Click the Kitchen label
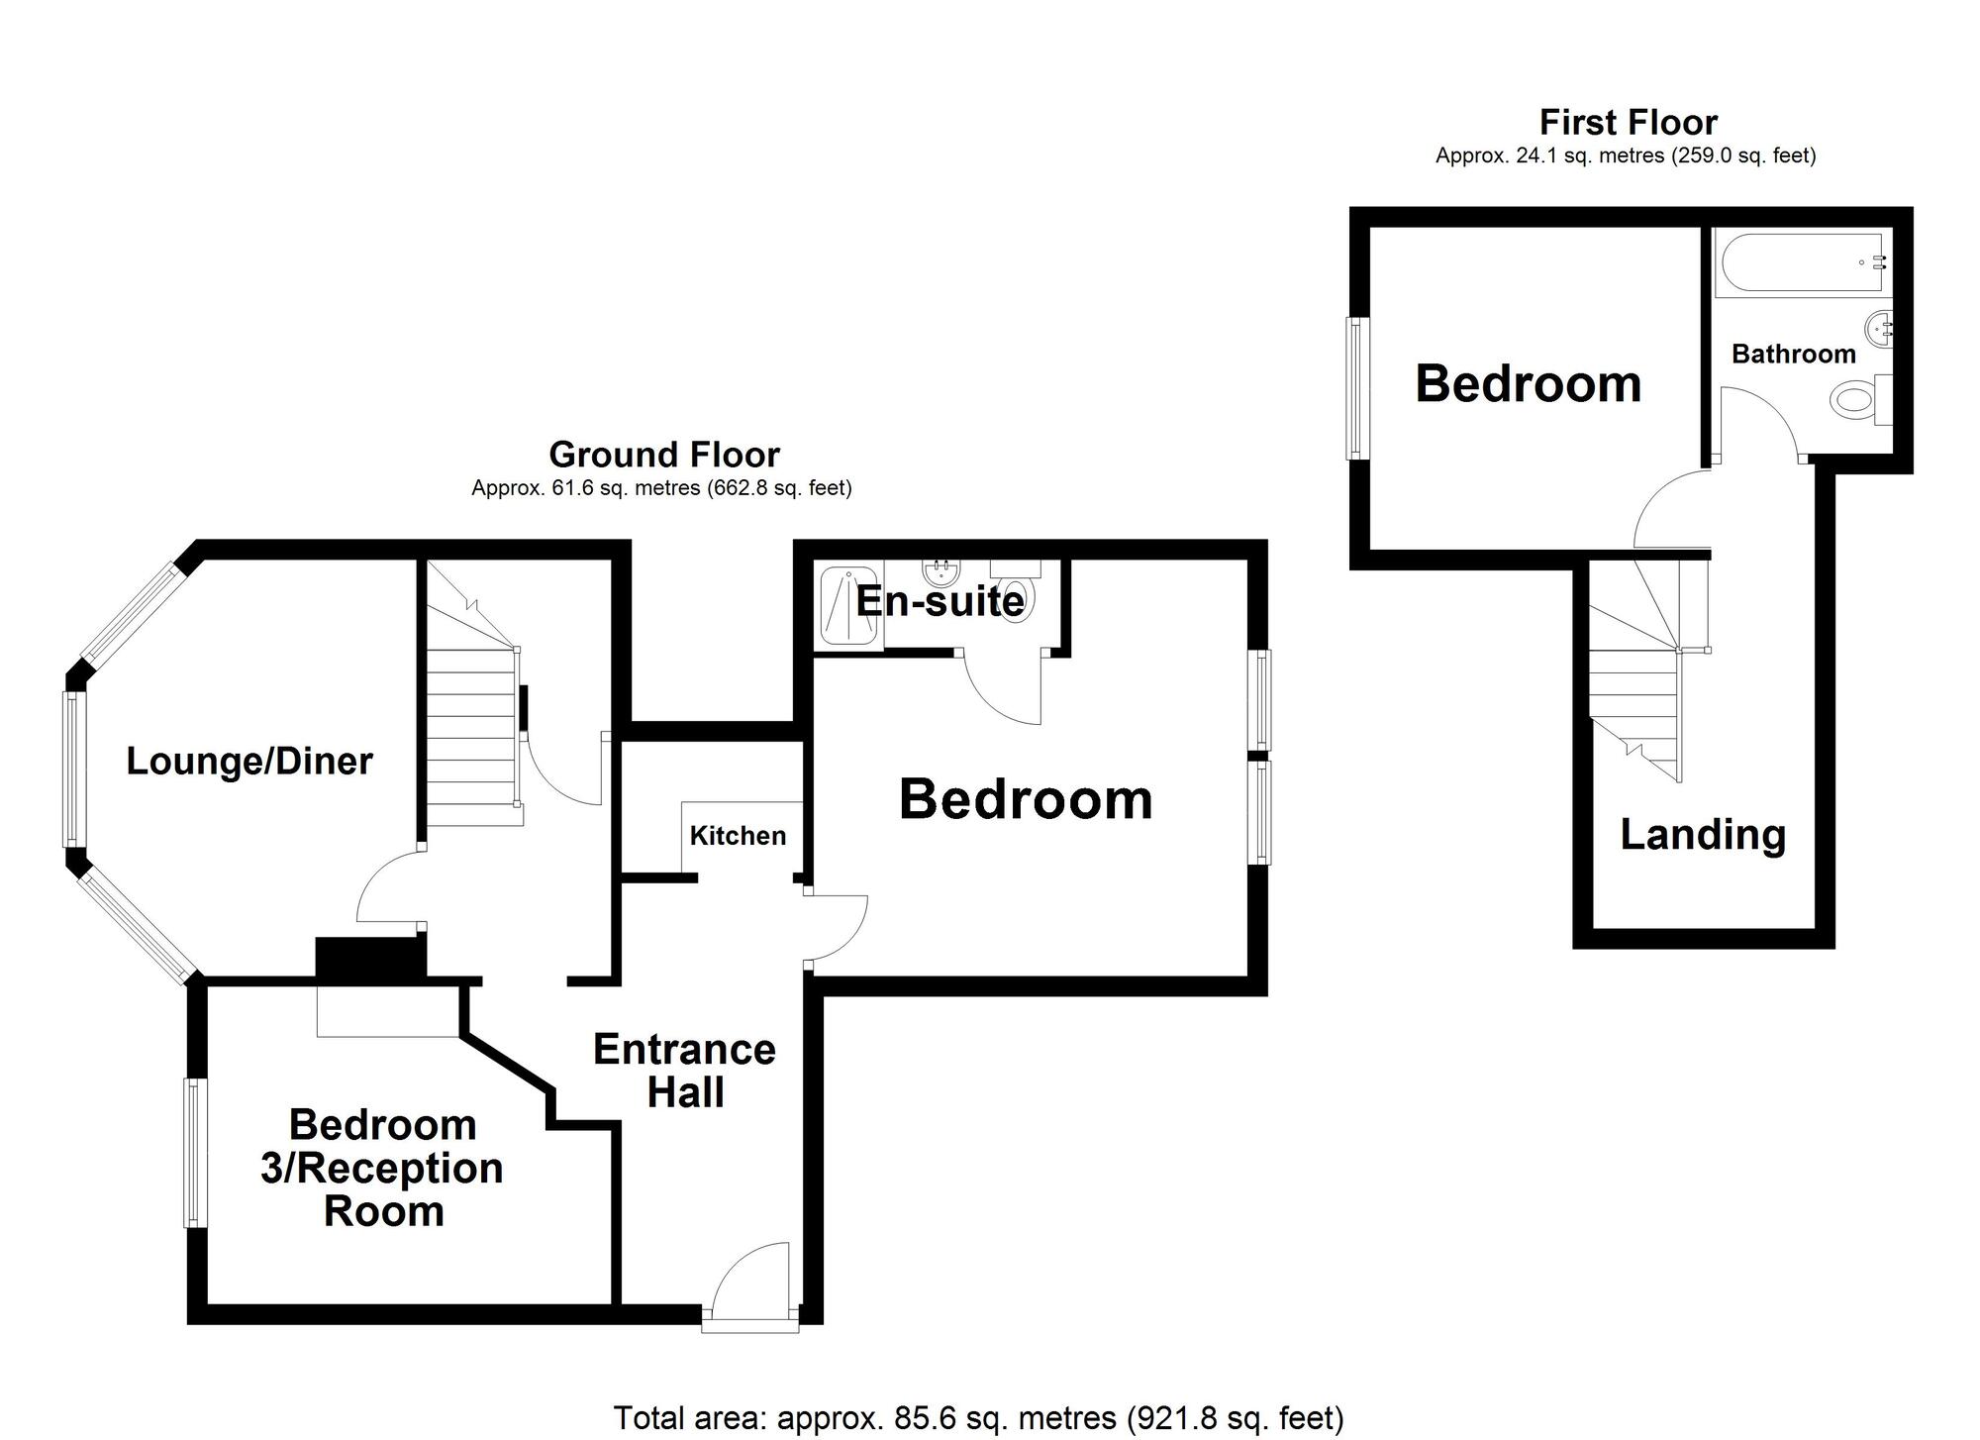tap(738, 836)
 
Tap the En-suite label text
tap(939, 601)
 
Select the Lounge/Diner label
tap(249, 761)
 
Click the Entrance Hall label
tap(685, 1071)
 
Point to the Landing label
tap(1703, 834)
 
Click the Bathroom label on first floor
tap(1793, 354)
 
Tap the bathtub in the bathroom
tap(1802, 262)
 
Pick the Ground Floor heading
tap(663, 455)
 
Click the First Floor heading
tap(1628, 122)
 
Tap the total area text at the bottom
tap(978, 1418)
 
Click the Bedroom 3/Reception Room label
tap(382, 1168)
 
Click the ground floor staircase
tap(472, 733)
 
